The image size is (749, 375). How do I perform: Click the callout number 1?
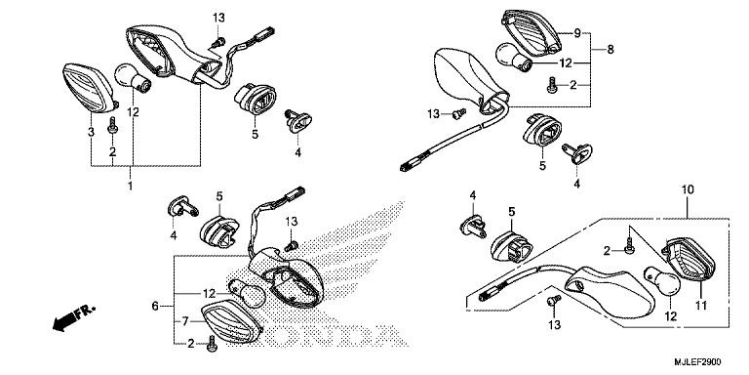tap(131, 184)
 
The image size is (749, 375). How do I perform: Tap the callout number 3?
tap(91, 132)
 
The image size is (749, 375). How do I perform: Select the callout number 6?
tap(155, 307)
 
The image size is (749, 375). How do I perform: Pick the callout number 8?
tap(611, 49)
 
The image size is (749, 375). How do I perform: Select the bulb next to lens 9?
tap(514, 56)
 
